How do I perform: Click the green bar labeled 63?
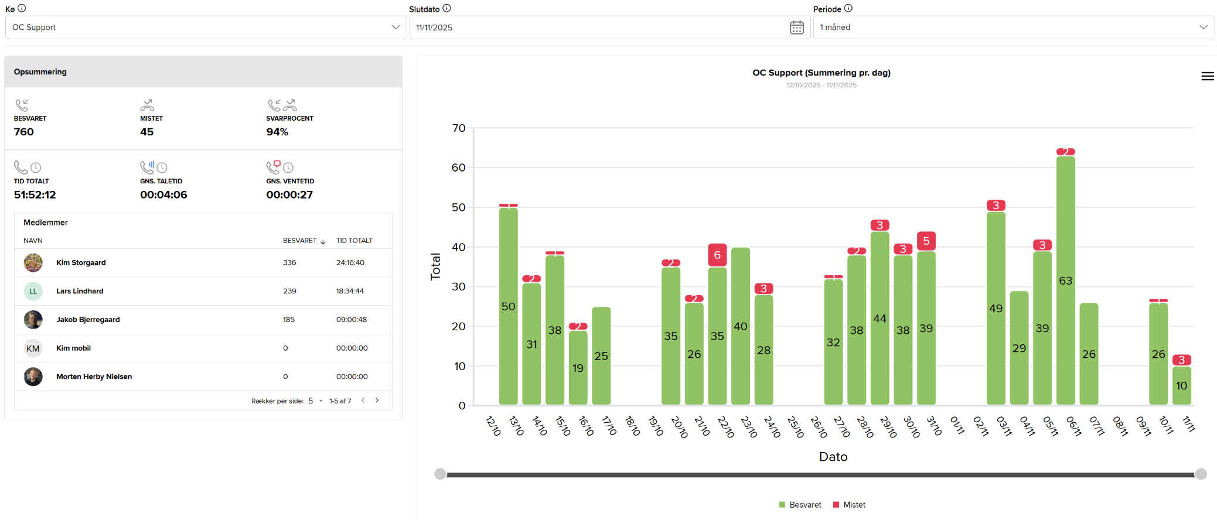click(1065, 281)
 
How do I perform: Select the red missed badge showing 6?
click(717, 255)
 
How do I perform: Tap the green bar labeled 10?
click(1181, 385)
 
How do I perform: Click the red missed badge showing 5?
click(926, 241)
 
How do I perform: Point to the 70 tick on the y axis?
click(459, 128)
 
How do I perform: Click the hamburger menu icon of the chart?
click(1207, 76)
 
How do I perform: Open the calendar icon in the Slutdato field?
click(796, 28)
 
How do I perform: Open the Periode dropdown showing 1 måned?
click(1013, 28)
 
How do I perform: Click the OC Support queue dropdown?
click(206, 28)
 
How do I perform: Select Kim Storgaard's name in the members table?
click(81, 263)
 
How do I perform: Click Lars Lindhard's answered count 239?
click(289, 291)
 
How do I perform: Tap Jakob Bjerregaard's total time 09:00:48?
click(351, 320)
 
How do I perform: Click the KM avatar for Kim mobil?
click(33, 348)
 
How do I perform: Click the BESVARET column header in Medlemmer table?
click(299, 241)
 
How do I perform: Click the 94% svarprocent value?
click(277, 132)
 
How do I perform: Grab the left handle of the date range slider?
click(440, 474)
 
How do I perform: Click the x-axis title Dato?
click(833, 457)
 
